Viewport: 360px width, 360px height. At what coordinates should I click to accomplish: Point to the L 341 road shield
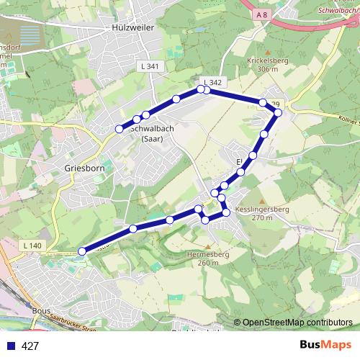[149, 66]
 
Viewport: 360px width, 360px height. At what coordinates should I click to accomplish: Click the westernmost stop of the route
[81, 251]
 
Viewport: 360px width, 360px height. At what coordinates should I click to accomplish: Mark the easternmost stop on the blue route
[279, 112]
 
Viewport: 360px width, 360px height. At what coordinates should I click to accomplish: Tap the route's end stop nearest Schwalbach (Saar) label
[120, 129]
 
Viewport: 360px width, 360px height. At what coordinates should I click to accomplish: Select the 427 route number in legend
[30, 346]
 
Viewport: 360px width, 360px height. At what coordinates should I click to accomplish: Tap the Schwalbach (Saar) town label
[151, 133]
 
